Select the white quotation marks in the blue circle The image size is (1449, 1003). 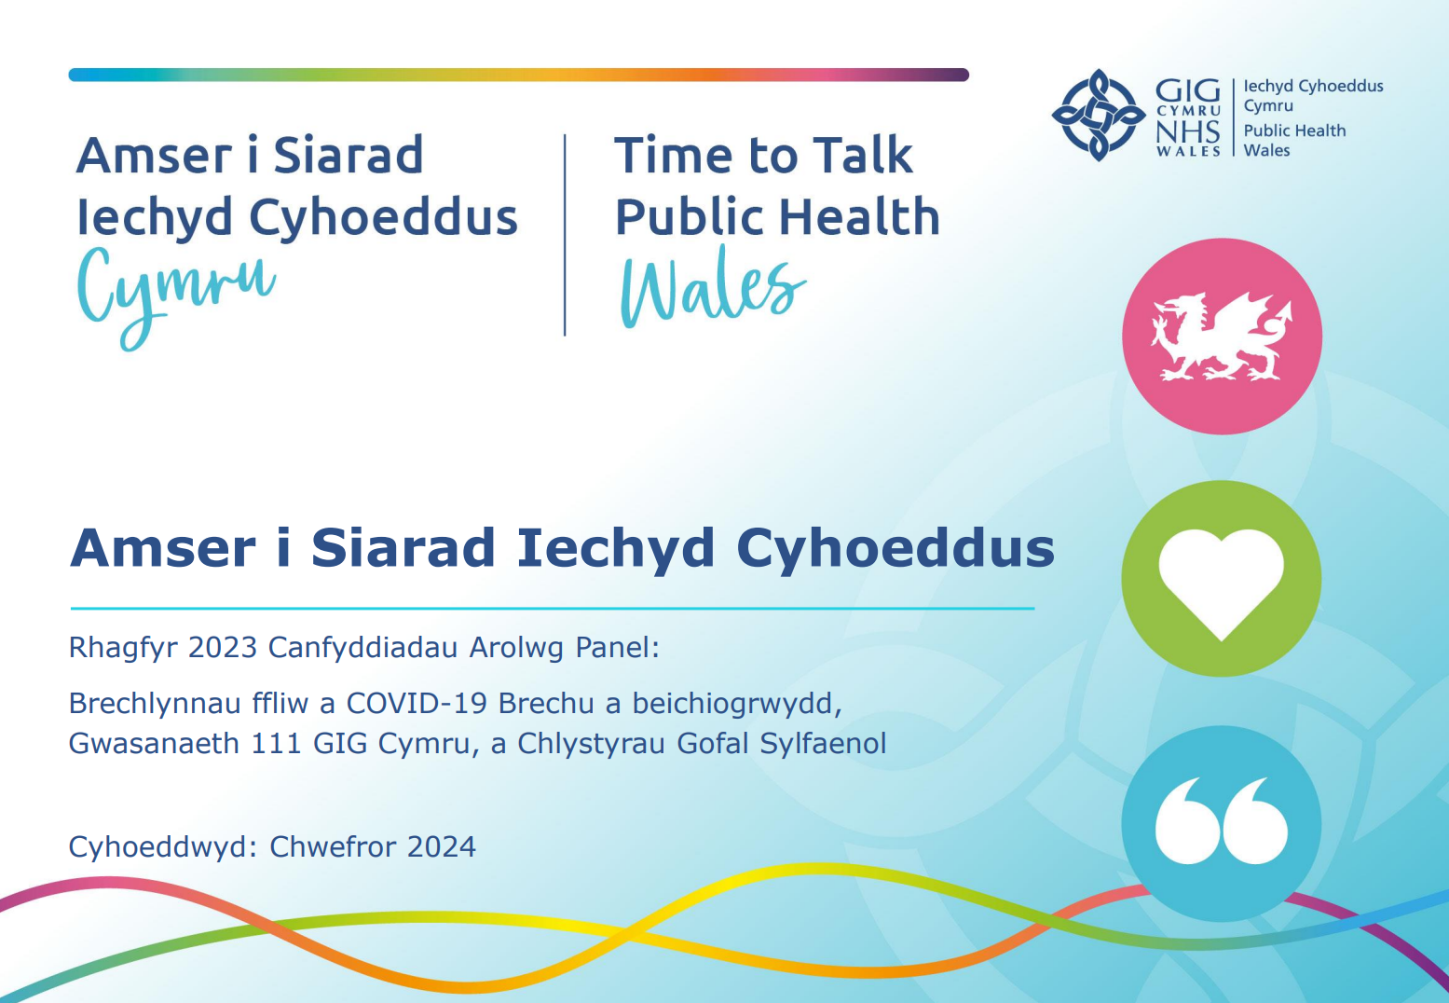click(1222, 820)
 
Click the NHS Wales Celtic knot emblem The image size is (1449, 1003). click(1099, 116)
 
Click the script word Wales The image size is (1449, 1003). click(713, 287)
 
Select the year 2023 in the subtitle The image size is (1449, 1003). click(223, 647)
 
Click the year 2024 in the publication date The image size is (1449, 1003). click(441, 846)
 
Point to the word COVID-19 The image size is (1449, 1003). click(417, 704)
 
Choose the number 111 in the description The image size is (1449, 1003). click(276, 744)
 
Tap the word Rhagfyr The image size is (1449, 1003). click(123, 648)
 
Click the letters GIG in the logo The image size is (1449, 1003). click(1188, 91)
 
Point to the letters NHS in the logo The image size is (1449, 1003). click(1188, 132)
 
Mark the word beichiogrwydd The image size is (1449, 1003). click(737, 705)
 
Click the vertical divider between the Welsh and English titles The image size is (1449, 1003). click(565, 235)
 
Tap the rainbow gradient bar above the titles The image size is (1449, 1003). click(519, 75)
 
